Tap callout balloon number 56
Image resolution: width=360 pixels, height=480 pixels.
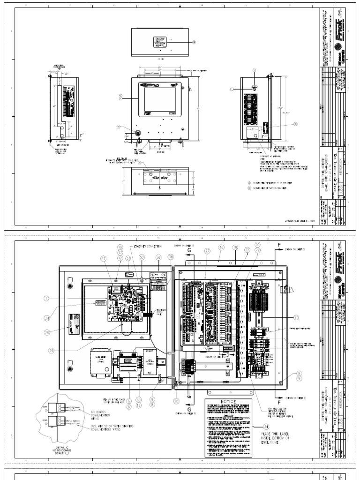pos(158,257)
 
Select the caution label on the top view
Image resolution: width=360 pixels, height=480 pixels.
pos(160,40)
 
